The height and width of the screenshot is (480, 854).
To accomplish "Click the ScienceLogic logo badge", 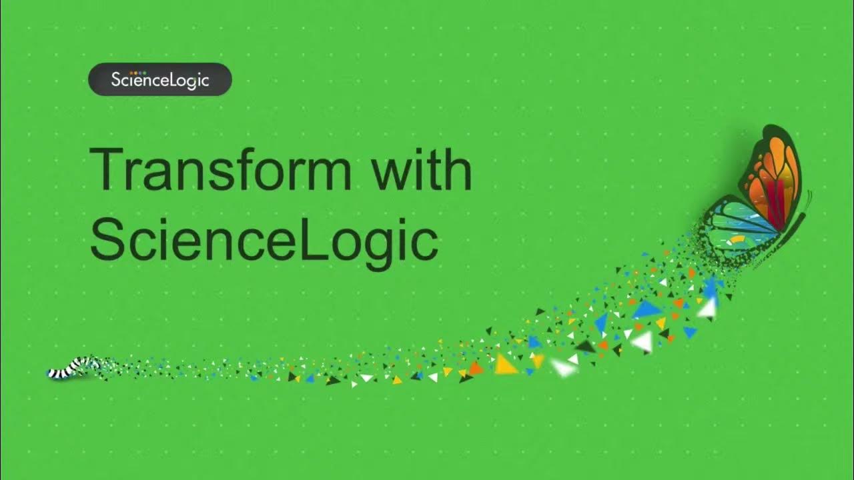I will coord(160,79).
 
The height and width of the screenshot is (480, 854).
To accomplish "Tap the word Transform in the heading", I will coord(220,169).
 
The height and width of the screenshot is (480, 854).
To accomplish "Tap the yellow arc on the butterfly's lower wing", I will coord(738,238).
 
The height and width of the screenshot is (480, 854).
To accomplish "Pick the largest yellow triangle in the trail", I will coord(506,365).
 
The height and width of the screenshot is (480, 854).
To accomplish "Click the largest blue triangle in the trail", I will coord(646,309).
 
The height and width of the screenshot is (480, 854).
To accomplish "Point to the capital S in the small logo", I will coord(116,80).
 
